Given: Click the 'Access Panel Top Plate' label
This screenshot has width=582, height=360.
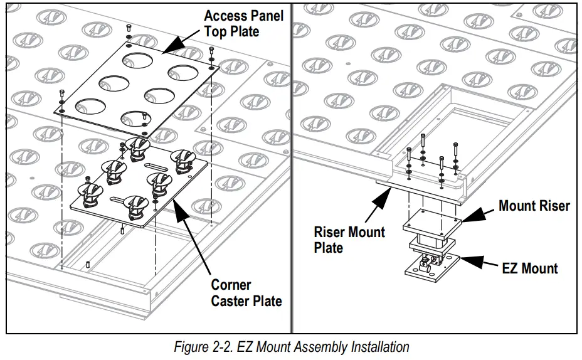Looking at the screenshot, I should pyautogui.click(x=243, y=23).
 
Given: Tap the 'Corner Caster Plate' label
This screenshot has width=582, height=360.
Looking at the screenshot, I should pyautogui.click(x=246, y=292).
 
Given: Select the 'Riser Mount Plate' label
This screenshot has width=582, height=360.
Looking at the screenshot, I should pyautogui.click(x=349, y=240).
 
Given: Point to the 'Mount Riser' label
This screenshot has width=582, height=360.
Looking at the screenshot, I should pyautogui.click(x=534, y=206).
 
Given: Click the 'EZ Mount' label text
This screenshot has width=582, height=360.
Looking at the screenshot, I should pyautogui.click(x=530, y=268).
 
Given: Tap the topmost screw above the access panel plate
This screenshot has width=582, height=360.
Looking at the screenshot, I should pyautogui.click(x=128, y=29).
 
